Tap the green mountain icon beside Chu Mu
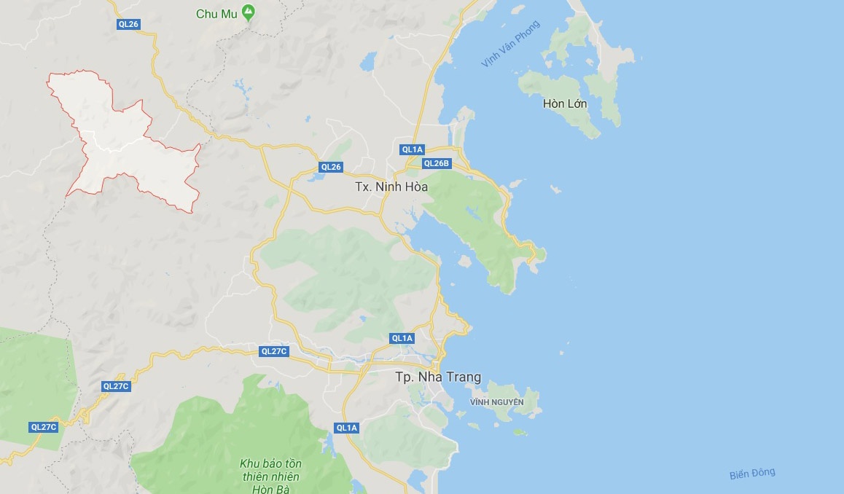coord(248,12)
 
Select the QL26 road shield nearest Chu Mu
coord(128,24)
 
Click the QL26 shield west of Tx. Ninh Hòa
coord(331,167)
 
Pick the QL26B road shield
coord(437,163)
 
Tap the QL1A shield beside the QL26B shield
coord(412,149)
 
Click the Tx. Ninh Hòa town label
coord(391,187)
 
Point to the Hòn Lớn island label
coord(565,103)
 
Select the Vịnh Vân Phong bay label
coord(510,44)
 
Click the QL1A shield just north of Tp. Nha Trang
coord(402,338)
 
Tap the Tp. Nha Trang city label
coord(438,377)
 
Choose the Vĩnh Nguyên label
coord(497,402)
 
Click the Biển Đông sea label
coord(752,474)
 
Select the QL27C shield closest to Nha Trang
coord(274,351)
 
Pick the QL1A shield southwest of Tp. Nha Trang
coord(347,428)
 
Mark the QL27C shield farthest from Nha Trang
coord(44,427)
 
